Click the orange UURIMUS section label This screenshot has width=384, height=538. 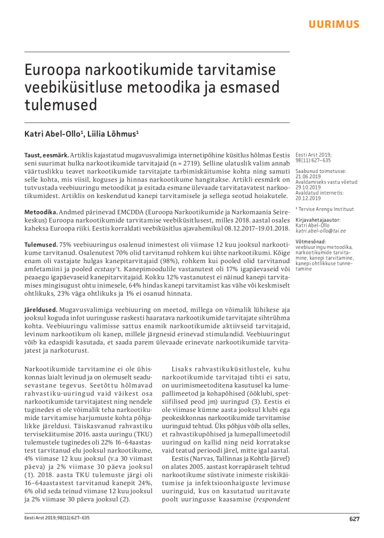click(334, 25)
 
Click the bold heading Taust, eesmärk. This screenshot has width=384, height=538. click(46, 154)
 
